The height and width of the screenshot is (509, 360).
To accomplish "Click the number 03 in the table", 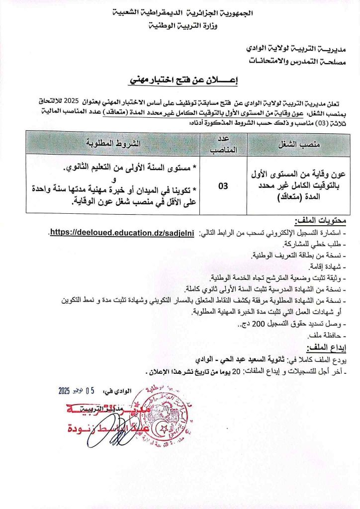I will tap(223, 185).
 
